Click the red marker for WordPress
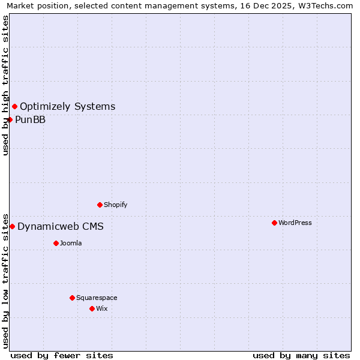(x=274, y=223)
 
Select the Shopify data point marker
(x=100, y=205)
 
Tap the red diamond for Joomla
(x=56, y=243)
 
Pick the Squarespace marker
(x=72, y=298)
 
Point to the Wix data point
(x=92, y=308)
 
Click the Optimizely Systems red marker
(x=14, y=106)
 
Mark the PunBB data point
(x=10, y=119)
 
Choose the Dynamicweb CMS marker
(x=12, y=226)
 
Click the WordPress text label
(x=295, y=223)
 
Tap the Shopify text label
(x=116, y=205)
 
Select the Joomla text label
(x=71, y=243)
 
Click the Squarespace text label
(x=97, y=298)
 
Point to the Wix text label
(x=102, y=308)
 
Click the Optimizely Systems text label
(x=68, y=107)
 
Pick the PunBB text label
(x=31, y=119)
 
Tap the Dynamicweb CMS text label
(x=61, y=226)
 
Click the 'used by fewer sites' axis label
(x=62, y=355)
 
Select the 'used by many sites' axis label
(x=301, y=355)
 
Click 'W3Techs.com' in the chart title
(x=326, y=6)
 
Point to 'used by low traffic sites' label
(x=6, y=280)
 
